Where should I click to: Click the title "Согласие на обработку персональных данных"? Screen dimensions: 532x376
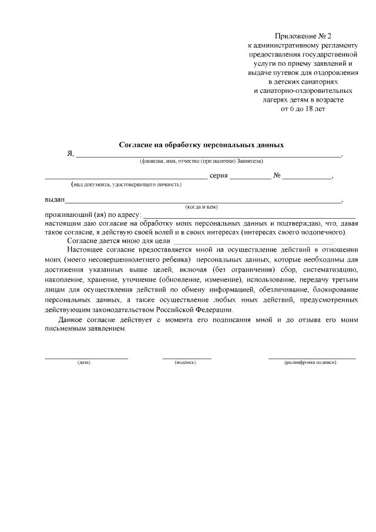tap(202, 145)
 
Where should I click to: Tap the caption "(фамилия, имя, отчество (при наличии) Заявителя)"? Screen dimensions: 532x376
tap(201, 161)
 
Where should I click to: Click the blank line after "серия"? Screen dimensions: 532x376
tap(250, 178)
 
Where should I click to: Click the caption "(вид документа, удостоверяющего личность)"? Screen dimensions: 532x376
tap(126, 185)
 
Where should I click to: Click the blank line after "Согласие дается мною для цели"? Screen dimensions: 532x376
tap(253, 242)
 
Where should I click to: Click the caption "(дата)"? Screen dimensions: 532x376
tap(83, 362)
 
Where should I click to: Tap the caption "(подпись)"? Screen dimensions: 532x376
tap(185, 362)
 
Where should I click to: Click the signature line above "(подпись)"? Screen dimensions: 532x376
tap(187, 357)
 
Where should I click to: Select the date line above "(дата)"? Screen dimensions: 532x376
tap(86, 357)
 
